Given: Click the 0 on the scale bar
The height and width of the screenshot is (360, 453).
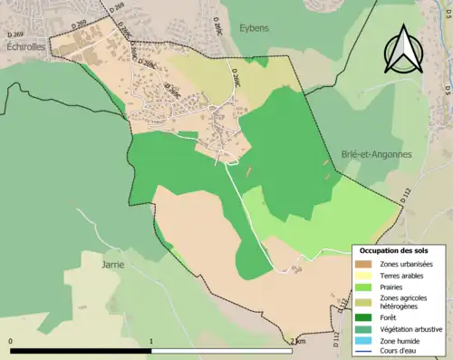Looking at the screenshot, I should (x=11, y=341).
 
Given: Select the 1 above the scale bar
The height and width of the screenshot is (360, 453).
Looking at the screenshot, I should (x=151, y=341).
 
